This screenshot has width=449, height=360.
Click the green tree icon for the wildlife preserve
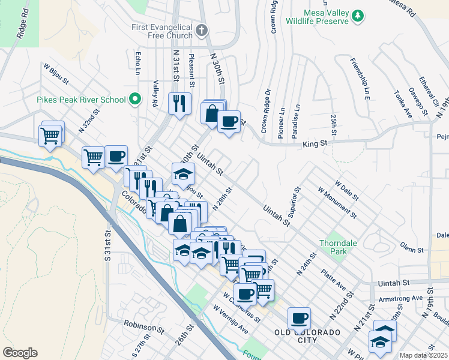tap(358, 14)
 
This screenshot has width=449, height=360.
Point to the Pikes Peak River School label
tap(81, 100)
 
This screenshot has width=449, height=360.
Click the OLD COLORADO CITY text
tap(307, 336)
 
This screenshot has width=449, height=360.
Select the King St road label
tap(314, 144)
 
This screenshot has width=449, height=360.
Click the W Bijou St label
tap(56, 73)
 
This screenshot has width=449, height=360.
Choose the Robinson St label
tap(144, 327)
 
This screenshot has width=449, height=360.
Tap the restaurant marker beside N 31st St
tap(179, 104)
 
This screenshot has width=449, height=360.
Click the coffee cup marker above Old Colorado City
tap(299, 318)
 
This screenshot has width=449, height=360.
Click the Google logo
tap(20, 352)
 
